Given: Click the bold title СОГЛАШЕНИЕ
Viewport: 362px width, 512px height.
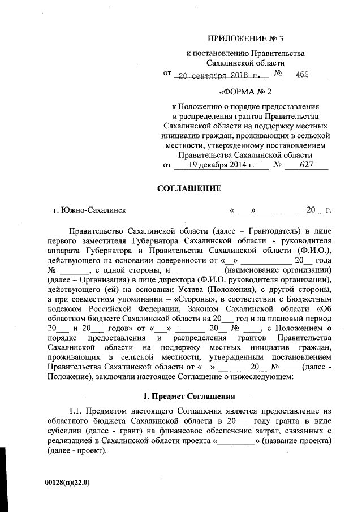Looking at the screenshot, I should [x=188, y=188].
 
